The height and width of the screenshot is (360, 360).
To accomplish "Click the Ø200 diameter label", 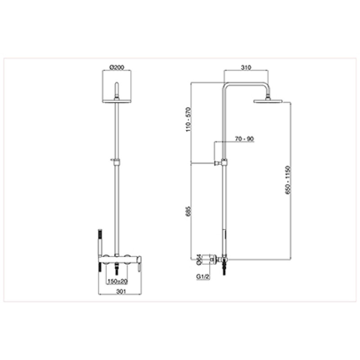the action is point(117,67).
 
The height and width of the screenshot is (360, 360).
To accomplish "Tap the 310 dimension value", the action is point(246,67).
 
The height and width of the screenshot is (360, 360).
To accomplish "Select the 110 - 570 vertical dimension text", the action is point(188,119).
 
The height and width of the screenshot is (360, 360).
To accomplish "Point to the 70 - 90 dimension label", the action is point(244,139).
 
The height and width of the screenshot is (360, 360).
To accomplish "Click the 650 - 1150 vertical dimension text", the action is point(288,180).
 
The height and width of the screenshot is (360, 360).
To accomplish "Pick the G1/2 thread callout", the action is point(203,277).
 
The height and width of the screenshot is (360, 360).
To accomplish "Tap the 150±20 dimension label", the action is point(117,281).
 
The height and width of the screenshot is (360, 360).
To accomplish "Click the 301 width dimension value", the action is point(121,292).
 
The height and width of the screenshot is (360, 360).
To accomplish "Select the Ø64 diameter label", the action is point(199,260).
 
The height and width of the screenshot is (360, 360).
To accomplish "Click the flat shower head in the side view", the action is point(267,101).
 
